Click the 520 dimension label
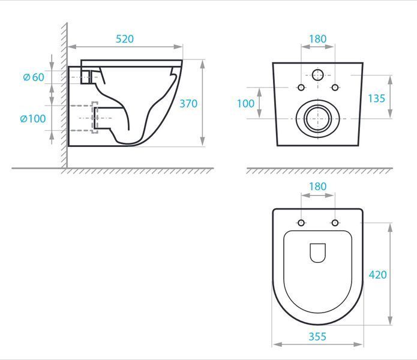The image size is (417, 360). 124,39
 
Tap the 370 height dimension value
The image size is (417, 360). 188,104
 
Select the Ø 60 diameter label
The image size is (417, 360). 34,77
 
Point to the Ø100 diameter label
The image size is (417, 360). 33,119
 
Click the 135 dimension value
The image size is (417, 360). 376,98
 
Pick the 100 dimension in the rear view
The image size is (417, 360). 245,104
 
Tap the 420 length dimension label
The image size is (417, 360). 377,275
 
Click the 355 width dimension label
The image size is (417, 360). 317,337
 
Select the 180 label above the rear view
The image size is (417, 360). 317,39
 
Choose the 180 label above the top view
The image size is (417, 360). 317,187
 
